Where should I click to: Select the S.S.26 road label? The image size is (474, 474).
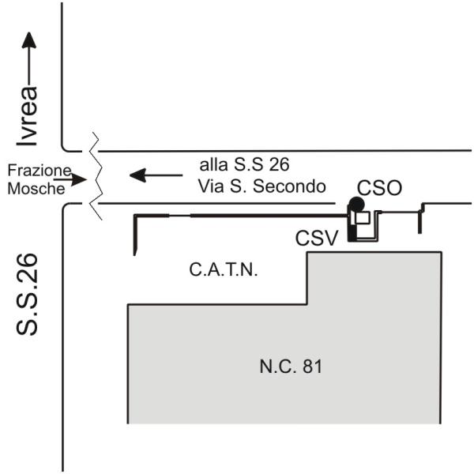pyautogui.click(x=29, y=294)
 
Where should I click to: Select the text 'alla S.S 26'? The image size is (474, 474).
pyautogui.click(x=244, y=165)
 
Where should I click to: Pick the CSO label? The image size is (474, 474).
pyautogui.click(x=379, y=188)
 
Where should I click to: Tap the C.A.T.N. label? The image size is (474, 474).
pyautogui.click(x=224, y=270)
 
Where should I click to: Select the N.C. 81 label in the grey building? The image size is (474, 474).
pyautogui.click(x=291, y=367)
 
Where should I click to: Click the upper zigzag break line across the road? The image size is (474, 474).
pyautogui.click(x=95, y=150)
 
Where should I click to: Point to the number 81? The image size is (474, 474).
pyautogui.click(x=311, y=367)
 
